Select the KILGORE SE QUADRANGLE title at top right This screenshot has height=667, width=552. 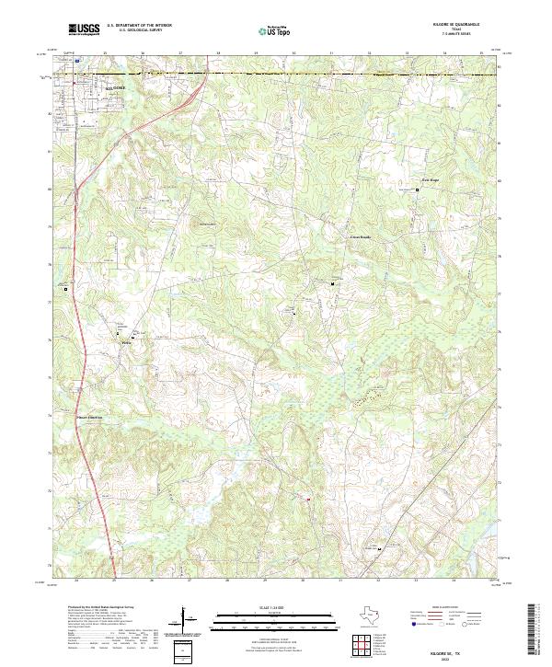point(466,24)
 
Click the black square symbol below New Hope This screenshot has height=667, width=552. point(417,190)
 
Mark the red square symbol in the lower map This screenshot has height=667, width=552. point(308,500)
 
